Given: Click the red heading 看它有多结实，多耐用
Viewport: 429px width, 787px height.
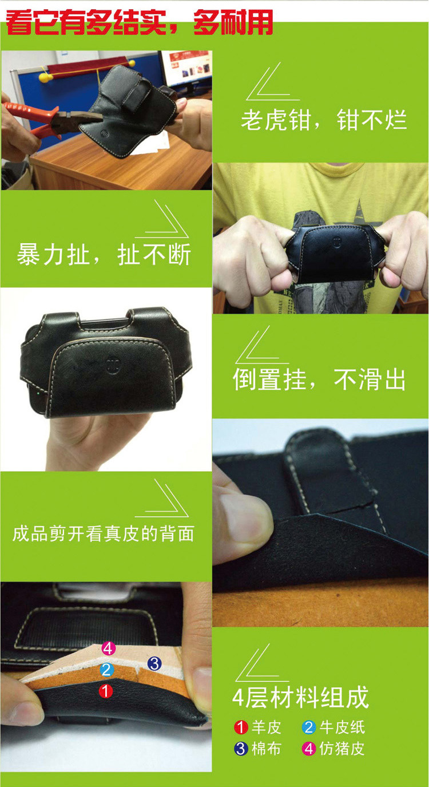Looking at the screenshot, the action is (x=140, y=23).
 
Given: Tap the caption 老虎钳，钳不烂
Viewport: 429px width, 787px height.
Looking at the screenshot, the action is (x=324, y=120).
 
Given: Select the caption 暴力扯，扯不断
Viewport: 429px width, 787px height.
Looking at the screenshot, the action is (x=104, y=254).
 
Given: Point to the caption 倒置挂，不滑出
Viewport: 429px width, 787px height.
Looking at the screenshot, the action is (x=319, y=379).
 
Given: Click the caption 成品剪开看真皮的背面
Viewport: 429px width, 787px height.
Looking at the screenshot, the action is (x=103, y=533).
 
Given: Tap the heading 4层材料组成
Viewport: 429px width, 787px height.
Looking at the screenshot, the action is (x=300, y=697).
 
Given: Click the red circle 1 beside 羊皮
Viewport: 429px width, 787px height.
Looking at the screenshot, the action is (x=241, y=727).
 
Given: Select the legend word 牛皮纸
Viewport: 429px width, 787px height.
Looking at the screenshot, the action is (x=342, y=727).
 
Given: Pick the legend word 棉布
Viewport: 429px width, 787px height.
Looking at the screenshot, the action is (x=266, y=749).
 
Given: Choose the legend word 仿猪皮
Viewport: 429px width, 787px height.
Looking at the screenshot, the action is (x=341, y=749).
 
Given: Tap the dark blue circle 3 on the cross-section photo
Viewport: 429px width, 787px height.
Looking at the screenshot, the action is (x=154, y=663).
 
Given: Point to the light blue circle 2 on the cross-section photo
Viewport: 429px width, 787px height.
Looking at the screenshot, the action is (x=107, y=670).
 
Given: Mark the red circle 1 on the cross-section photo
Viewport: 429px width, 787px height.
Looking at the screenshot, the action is (x=106, y=691).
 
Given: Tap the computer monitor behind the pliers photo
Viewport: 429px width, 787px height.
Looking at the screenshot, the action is (x=186, y=70).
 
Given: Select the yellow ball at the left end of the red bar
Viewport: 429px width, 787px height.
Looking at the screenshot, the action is (x=45, y=77).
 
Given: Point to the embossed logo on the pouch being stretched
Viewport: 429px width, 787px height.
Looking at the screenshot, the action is (x=337, y=242).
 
